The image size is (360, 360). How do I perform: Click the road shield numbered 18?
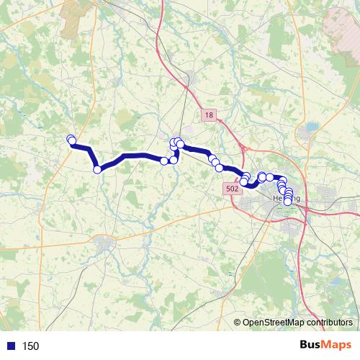tap(208, 115)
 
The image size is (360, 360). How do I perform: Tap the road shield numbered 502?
tap(231, 187)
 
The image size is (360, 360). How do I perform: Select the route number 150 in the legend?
tap(30, 346)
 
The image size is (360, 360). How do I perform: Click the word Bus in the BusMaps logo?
tap(311, 345)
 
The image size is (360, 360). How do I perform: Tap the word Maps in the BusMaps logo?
tap(337, 345)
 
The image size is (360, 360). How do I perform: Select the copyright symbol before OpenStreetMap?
tap(238, 322)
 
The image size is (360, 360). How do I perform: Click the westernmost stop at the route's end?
tap(71, 139)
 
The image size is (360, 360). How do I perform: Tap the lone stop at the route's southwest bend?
tap(97, 169)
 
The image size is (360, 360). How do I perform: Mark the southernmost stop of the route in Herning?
tap(288, 201)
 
